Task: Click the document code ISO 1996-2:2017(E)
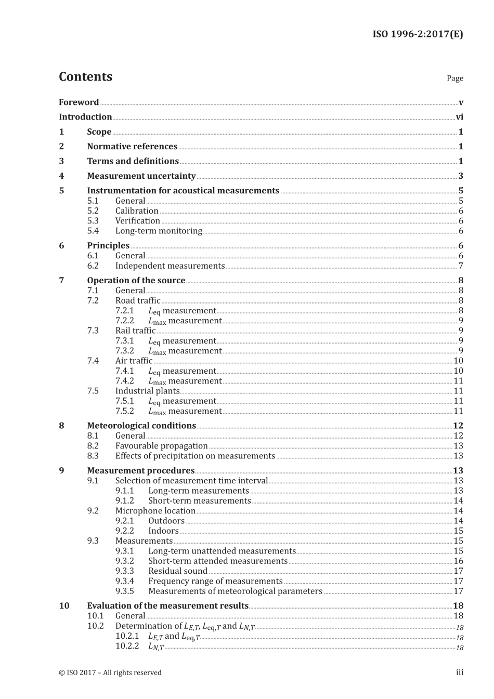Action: [x=418, y=34]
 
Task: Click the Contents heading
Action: [x=85, y=77]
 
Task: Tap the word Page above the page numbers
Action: [x=454, y=78]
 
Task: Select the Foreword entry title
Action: [x=79, y=102]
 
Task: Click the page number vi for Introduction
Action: [x=459, y=117]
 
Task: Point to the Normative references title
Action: [x=132, y=147]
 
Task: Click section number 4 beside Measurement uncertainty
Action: [x=61, y=176]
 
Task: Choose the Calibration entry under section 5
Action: [x=137, y=211]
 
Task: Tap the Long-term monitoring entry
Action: [x=159, y=231]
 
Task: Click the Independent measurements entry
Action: [x=170, y=266]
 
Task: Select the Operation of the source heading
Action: [x=136, y=281]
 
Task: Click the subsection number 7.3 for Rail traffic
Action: [x=93, y=331]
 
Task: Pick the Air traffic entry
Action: [x=134, y=361]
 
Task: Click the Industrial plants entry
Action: [x=147, y=391]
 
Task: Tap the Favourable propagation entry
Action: [x=161, y=446]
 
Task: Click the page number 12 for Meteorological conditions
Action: [x=458, y=426]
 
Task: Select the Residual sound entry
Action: [x=178, y=571]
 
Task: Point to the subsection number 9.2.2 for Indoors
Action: [x=124, y=531]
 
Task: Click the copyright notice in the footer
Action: [x=110, y=672]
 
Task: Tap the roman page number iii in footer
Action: [x=460, y=672]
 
